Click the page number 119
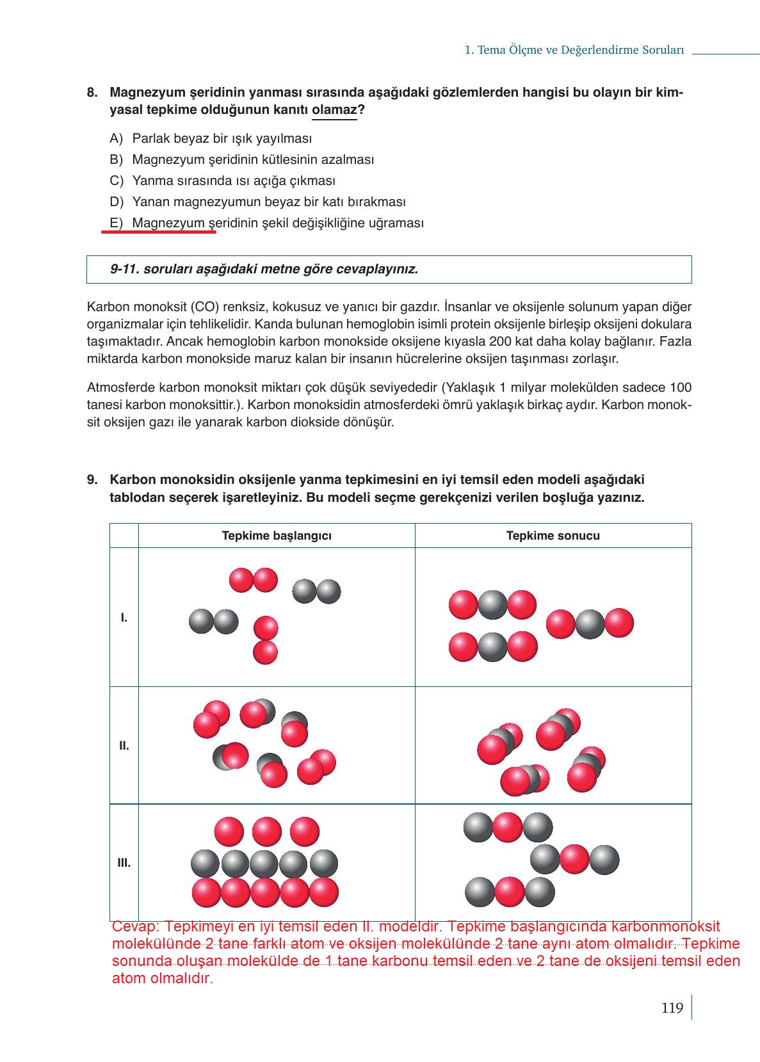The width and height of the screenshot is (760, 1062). click(672, 1008)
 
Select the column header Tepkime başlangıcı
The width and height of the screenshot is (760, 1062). click(277, 536)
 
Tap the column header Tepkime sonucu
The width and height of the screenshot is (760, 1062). click(553, 536)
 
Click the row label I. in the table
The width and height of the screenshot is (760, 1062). click(124, 618)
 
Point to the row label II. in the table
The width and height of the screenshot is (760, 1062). click(124, 746)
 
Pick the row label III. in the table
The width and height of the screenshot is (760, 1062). click(124, 863)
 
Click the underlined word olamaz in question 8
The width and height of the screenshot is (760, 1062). click(334, 110)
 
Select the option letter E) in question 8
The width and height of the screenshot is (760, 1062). click(116, 223)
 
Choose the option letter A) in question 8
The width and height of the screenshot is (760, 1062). click(116, 138)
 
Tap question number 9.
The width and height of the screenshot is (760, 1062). click(93, 480)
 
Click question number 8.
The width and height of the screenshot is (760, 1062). click(93, 93)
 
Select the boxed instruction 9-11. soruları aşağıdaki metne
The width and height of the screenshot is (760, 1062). click(264, 269)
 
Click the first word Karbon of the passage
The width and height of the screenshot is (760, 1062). click(105, 307)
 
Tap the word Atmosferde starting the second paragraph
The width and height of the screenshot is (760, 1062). click(120, 388)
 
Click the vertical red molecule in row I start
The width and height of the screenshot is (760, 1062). click(266, 640)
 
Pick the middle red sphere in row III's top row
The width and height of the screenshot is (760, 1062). click(267, 832)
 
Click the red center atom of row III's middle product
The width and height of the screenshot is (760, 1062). click(574, 859)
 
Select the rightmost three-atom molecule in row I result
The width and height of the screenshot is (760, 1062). click(590, 624)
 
